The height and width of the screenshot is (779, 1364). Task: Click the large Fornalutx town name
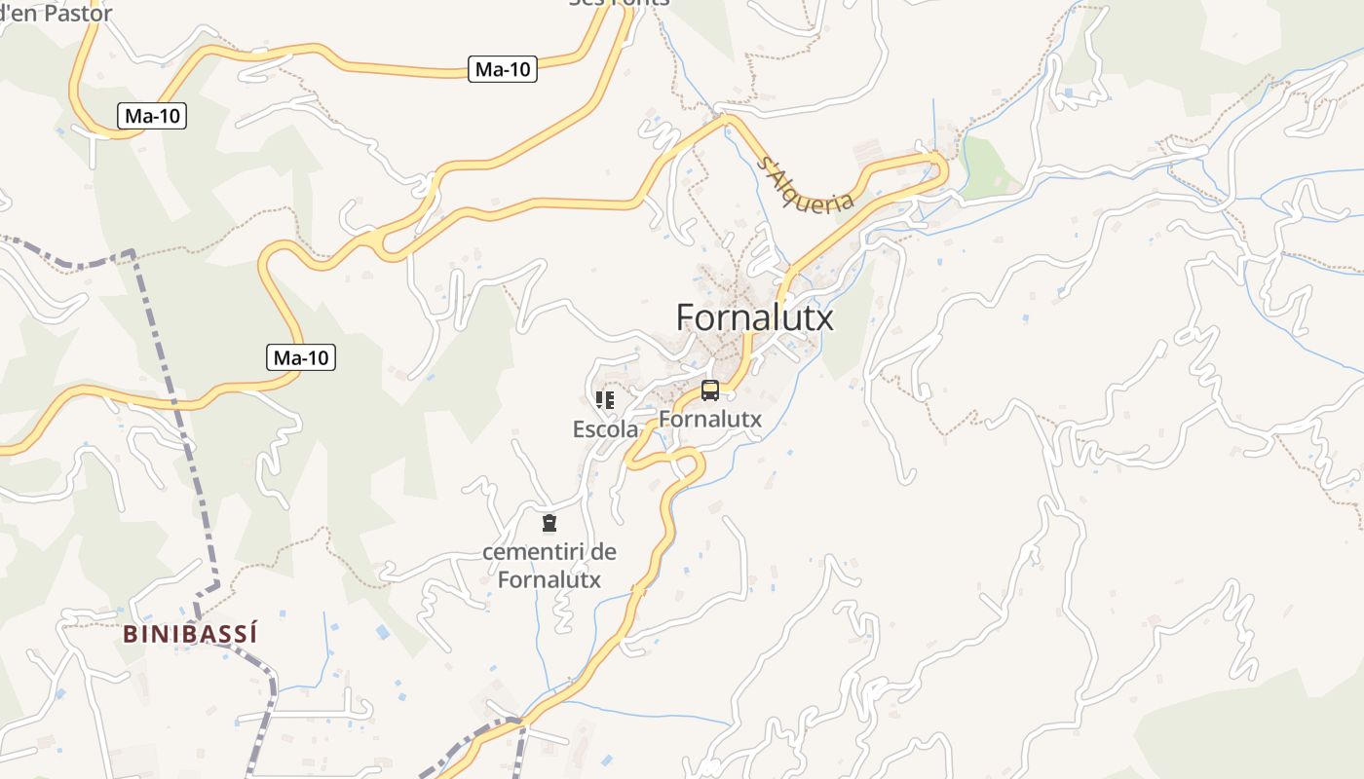pyautogui.click(x=754, y=317)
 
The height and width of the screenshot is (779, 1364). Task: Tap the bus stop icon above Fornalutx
pyautogui.click(x=710, y=391)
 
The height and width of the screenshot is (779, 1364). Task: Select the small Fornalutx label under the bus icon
pyautogui.click(x=710, y=419)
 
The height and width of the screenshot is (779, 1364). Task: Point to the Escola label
pyautogui.click(x=605, y=428)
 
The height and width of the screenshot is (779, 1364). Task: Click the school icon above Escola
pyautogui.click(x=605, y=399)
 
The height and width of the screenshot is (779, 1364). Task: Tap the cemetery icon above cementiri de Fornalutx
pyautogui.click(x=549, y=523)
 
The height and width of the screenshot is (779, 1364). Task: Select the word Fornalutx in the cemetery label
pyautogui.click(x=549, y=579)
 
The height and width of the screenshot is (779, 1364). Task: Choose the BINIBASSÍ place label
pyautogui.click(x=191, y=634)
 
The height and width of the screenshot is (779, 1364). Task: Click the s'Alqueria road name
pyautogui.click(x=805, y=184)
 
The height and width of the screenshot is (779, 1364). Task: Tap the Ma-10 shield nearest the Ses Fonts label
pyautogui.click(x=503, y=69)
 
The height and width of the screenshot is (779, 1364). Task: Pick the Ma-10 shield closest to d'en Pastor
pyautogui.click(x=153, y=116)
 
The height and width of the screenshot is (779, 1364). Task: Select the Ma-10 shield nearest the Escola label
pyautogui.click(x=301, y=357)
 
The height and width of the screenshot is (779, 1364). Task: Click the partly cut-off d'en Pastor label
pyautogui.click(x=56, y=13)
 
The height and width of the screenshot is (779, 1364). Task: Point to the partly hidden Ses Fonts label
pyautogui.click(x=620, y=3)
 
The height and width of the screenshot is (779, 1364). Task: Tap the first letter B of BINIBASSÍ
pyautogui.click(x=130, y=634)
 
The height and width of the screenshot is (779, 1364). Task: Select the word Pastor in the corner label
pyautogui.click(x=77, y=13)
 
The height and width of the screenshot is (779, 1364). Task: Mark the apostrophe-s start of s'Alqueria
pyautogui.click(x=765, y=163)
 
